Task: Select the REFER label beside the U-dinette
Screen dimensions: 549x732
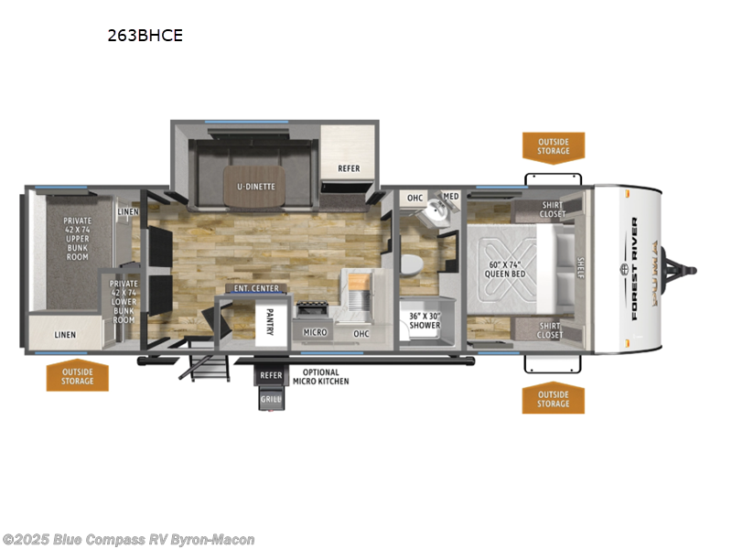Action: [x=348, y=168]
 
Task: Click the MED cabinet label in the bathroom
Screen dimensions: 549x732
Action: [x=450, y=197]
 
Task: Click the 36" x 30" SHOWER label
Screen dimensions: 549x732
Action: [x=424, y=320]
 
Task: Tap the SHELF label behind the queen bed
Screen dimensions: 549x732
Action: [x=580, y=266]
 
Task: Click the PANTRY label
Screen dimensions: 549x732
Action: [x=270, y=321]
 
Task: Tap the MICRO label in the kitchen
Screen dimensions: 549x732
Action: [x=315, y=332]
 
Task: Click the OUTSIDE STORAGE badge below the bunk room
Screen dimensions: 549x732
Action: [x=78, y=376]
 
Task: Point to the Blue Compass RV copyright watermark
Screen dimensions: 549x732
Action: [x=129, y=540]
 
